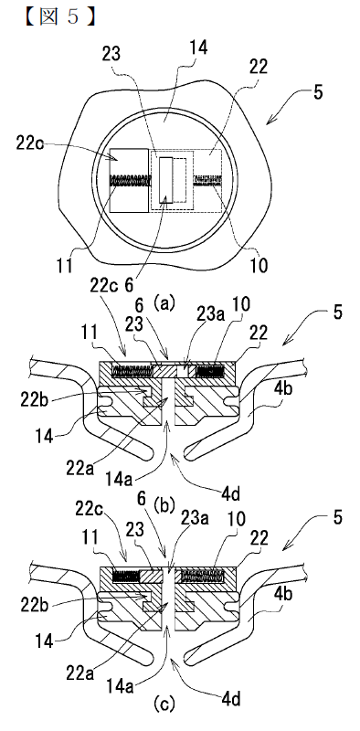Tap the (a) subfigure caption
164,304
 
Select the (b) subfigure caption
164,504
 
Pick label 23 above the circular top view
111,55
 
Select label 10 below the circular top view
259,266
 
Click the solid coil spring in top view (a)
130,179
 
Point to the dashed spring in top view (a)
207,179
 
